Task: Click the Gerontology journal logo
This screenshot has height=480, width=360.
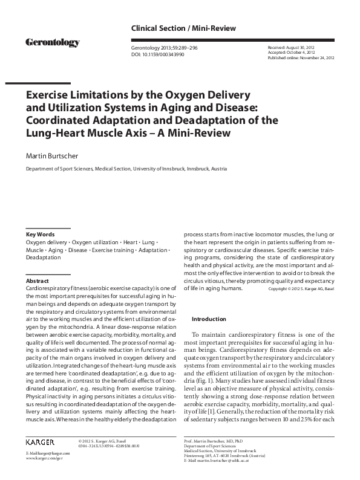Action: coord(53,42)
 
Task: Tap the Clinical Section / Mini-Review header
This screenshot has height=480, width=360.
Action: coord(183,28)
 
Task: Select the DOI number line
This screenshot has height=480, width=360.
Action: coord(158,54)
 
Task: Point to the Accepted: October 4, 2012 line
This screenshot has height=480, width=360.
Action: coord(292,53)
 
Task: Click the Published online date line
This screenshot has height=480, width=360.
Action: coord(300,58)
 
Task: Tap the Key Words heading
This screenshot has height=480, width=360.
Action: coord(40,234)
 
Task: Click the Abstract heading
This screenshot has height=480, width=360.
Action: coord(38,281)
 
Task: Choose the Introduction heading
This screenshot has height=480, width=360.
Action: coord(209,319)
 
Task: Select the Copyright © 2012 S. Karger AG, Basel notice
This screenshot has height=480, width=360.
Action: coord(301,289)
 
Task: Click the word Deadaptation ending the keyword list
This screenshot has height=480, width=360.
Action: coord(43,258)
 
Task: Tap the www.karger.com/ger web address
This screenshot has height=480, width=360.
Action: coord(43,475)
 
